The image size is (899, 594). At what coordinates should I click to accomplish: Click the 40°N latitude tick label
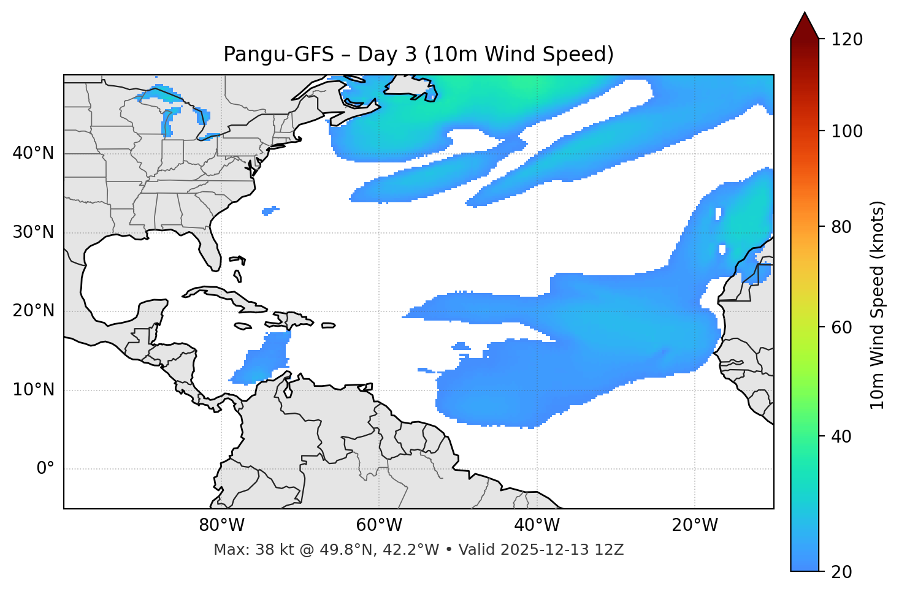click(33, 153)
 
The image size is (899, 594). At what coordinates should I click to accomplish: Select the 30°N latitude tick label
click(33, 232)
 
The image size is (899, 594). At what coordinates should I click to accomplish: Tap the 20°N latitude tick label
click(33, 311)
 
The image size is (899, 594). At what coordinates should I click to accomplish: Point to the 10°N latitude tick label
click(33, 390)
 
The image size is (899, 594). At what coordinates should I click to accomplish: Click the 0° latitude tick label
click(45, 469)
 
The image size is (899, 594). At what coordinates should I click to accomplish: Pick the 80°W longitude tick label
click(221, 525)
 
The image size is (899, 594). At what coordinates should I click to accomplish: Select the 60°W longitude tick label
click(379, 525)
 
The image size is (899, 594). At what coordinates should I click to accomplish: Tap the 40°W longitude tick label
click(537, 525)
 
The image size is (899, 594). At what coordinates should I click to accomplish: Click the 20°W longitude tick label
click(695, 525)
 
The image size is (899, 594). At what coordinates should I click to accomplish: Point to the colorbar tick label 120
click(847, 40)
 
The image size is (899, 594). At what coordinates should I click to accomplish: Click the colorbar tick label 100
click(847, 131)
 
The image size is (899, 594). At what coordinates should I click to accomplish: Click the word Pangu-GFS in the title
click(278, 55)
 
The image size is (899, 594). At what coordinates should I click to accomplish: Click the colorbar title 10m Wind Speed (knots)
click(878, 305)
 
